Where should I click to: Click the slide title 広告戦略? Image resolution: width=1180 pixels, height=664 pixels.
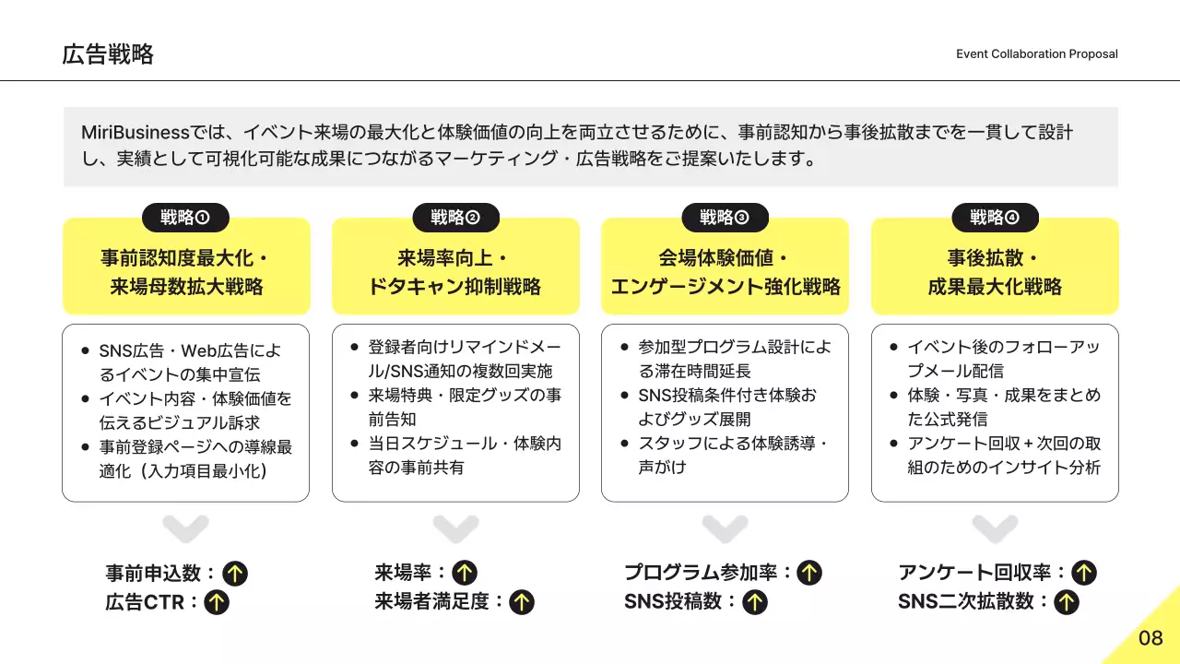[108, 54]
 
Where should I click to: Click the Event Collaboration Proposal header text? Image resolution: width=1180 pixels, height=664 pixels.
[1036, 54]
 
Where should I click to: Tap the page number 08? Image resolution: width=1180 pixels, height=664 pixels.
[1150, 638]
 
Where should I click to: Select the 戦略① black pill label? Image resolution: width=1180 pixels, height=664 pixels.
[185, 218]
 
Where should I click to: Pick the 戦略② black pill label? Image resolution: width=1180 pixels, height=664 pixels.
[455, 218]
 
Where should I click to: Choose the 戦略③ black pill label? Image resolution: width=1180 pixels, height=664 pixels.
[725, 218]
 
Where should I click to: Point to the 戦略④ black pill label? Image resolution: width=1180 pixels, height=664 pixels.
[995, 218]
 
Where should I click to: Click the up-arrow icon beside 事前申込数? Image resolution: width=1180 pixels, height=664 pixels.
[235, 574]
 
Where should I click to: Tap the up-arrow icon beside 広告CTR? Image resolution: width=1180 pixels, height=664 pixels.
[216, 603]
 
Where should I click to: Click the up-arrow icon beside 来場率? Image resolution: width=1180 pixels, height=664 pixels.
[465, 574]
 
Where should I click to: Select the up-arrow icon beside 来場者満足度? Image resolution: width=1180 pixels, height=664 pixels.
[522, 603]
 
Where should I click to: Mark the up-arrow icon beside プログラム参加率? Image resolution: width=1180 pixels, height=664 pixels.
[809, 574]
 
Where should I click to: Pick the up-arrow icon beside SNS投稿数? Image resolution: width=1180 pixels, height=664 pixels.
[755, 603]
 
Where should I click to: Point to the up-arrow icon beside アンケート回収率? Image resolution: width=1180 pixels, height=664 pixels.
[1084, 574]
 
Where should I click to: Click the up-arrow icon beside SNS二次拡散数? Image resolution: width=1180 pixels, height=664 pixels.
[1067, 603]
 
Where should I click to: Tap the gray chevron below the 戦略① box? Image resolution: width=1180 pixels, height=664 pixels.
[185, 529]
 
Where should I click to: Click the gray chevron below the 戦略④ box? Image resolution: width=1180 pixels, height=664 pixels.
[995, 529]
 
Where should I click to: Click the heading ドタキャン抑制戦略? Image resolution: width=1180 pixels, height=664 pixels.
[455, 287]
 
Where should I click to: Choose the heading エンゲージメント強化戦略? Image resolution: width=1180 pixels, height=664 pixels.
[725, 287]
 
